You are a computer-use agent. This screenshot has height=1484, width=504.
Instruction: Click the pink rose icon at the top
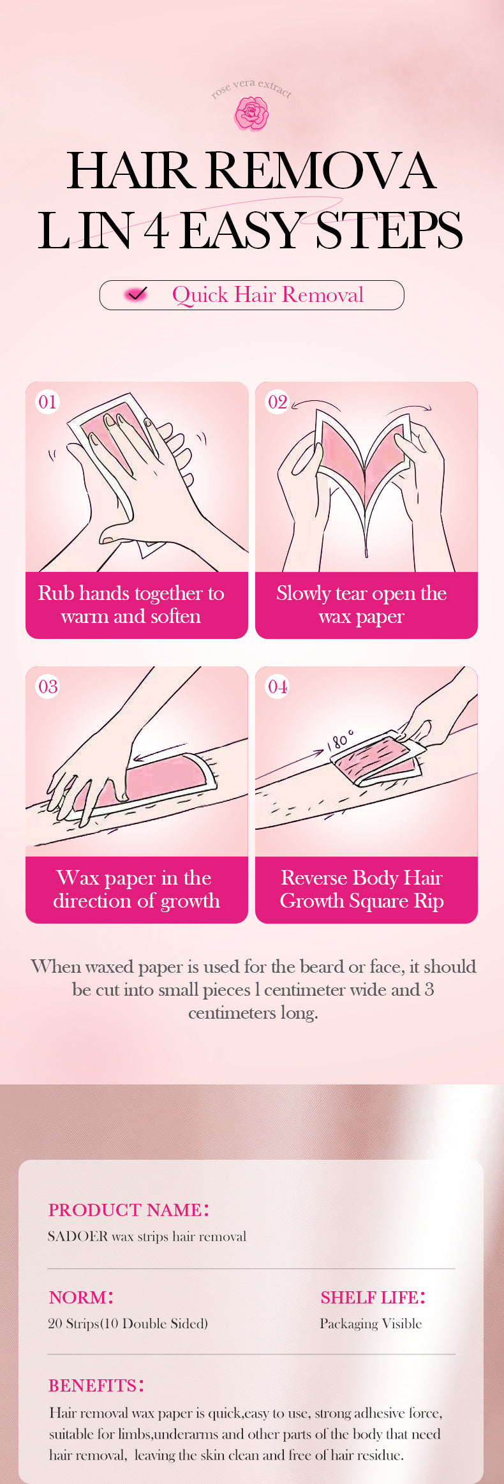coord(251,114)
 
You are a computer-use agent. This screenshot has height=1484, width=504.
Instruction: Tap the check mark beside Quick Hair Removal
coord(136,294)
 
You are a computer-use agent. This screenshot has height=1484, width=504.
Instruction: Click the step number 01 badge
coord(47,402)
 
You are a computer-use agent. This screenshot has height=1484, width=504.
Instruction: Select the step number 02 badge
coord(277,402)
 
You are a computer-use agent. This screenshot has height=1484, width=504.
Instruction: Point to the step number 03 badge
coord(47,687)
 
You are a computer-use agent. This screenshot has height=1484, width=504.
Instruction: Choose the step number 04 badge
coord(277,687)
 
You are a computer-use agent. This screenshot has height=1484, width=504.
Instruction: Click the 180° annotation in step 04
coord(339,741)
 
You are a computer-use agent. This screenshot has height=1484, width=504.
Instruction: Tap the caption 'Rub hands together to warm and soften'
coord(131,604)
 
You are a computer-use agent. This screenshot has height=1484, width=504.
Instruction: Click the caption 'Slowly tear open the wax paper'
coord(361,604)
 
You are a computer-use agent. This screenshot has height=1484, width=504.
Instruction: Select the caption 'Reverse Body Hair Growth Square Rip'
coord(362,889)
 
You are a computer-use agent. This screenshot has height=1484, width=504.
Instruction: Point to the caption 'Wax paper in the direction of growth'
coord(136,889)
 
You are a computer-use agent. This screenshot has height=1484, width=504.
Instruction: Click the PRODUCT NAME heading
coord(129,1210)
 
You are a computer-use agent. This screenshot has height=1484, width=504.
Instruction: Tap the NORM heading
coord(81,1297)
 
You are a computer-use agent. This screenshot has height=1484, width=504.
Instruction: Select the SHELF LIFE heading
coord(373,1297)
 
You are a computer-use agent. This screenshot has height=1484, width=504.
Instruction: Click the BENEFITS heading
coord(96,1385)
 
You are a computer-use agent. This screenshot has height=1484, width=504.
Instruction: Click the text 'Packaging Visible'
coord(371,1324)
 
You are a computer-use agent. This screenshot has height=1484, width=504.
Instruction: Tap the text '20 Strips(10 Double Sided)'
coord(128,1324)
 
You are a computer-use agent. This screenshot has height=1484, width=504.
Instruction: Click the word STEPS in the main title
coord(389,230)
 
